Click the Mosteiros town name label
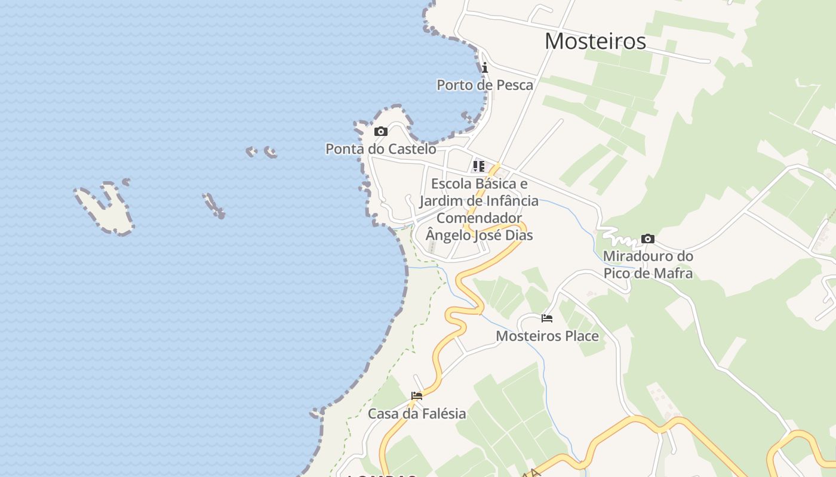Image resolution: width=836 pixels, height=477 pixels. coord(595,41)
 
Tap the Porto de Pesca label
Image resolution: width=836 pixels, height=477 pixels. coord(485,85)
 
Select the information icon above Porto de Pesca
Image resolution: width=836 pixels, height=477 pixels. coord(485,67)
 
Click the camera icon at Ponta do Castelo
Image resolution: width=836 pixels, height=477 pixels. coord(380,131)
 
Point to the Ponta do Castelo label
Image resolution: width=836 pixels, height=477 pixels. coord(380,148)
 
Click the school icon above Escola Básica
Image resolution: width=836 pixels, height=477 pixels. coord(479,166)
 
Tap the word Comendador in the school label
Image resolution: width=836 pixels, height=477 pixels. coord(479,218)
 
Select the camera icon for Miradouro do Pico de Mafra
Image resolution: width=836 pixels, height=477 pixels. coord(647,239)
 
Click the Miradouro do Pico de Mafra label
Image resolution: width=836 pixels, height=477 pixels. coord(648,265)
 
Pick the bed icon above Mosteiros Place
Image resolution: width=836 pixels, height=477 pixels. coord(546,318)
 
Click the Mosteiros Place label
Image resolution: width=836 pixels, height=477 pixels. coord(547,336)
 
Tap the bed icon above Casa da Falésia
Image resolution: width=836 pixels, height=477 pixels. coord(417,395)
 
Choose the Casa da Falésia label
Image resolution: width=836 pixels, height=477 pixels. coord(417,413)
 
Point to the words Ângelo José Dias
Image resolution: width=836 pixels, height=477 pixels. coord(479,235)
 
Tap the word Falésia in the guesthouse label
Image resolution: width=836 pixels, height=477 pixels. coord(439,413)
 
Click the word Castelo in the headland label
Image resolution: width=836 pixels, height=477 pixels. coord(411,148)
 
